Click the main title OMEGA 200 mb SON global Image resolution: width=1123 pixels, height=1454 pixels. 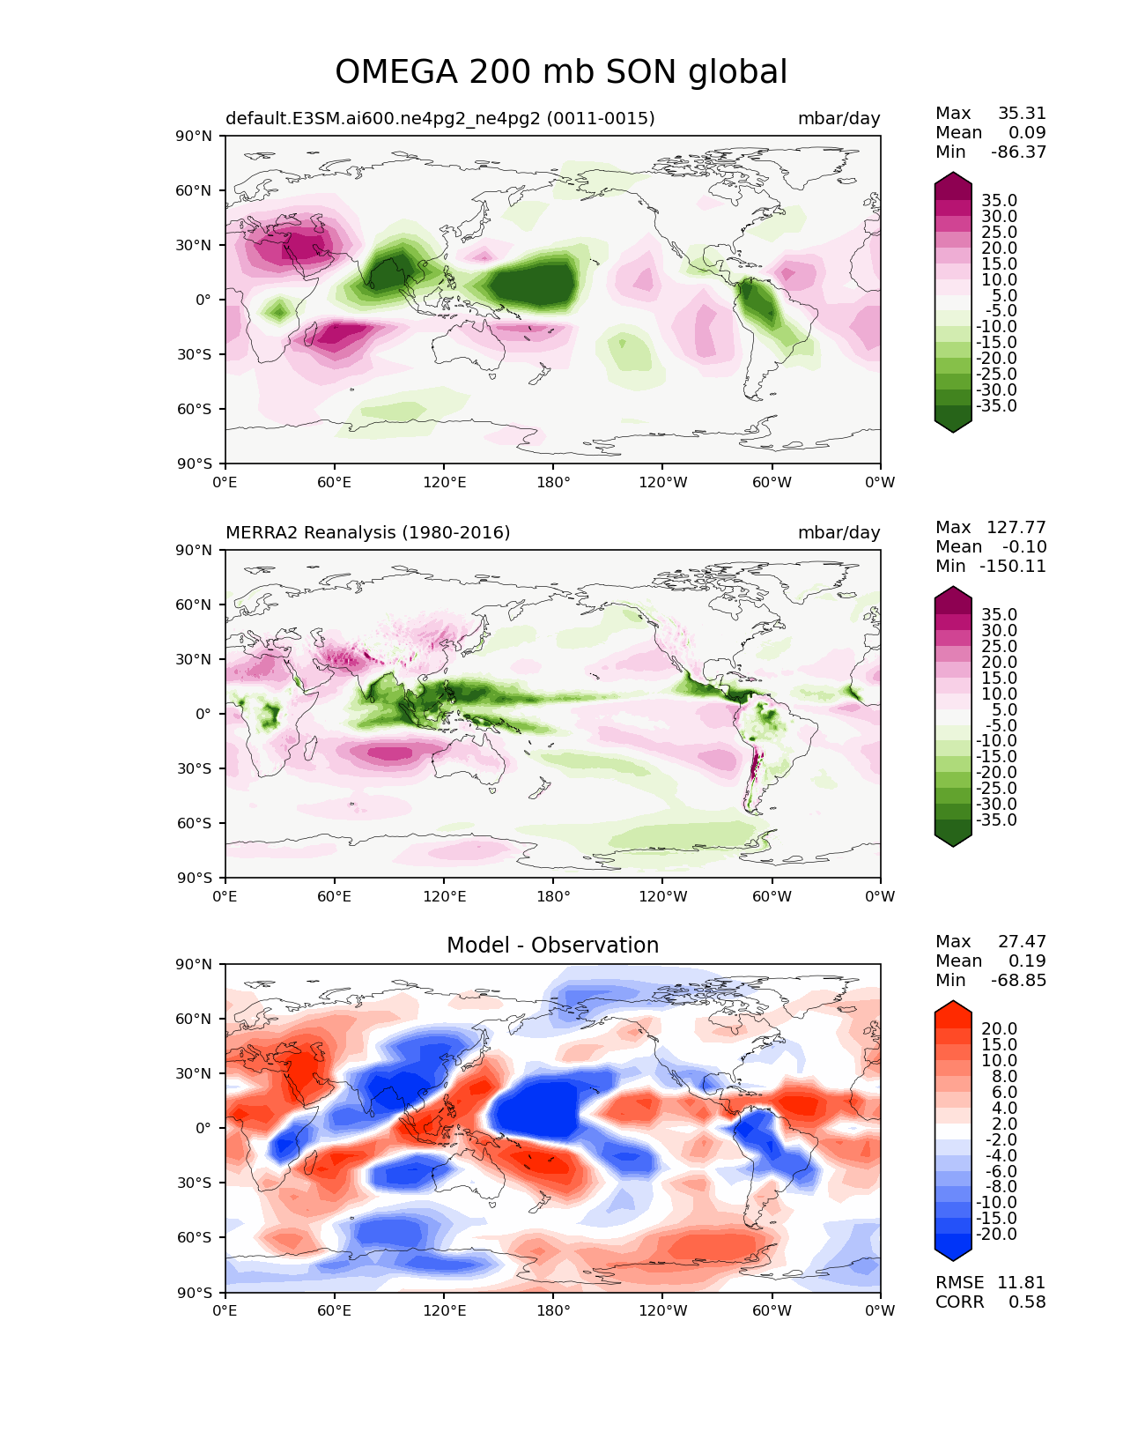tap(561, 71)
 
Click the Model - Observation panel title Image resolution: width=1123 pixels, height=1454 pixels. tap(552, 945)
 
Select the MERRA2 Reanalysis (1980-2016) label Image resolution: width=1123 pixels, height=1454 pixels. tap(368, 532)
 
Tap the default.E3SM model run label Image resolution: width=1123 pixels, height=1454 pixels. tap(440, 118)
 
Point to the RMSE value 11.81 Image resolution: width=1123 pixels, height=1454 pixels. tap(1021, 1282)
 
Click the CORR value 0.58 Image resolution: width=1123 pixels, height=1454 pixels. tap(1027, 1302)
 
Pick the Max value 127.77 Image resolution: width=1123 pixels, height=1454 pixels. tap(1016, 527)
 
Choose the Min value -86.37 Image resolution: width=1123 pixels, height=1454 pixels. tap(1018, 152)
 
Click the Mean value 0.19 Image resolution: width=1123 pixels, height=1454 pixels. tap(1027, 961)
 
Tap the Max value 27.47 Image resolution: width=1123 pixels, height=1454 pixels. tap(1022, 941)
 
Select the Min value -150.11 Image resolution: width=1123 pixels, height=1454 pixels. tap(1013, 566)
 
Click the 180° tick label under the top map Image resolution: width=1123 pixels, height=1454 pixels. tap(553, 482)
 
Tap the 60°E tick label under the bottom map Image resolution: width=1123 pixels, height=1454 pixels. tap(335, 1310)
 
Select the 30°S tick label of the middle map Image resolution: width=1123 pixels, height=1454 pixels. tap(194, 768)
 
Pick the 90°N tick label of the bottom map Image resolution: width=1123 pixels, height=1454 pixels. tap(194, 965)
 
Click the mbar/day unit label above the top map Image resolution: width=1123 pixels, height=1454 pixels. tap(839, 119)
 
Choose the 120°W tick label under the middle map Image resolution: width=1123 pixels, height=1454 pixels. tap(663, 896)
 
